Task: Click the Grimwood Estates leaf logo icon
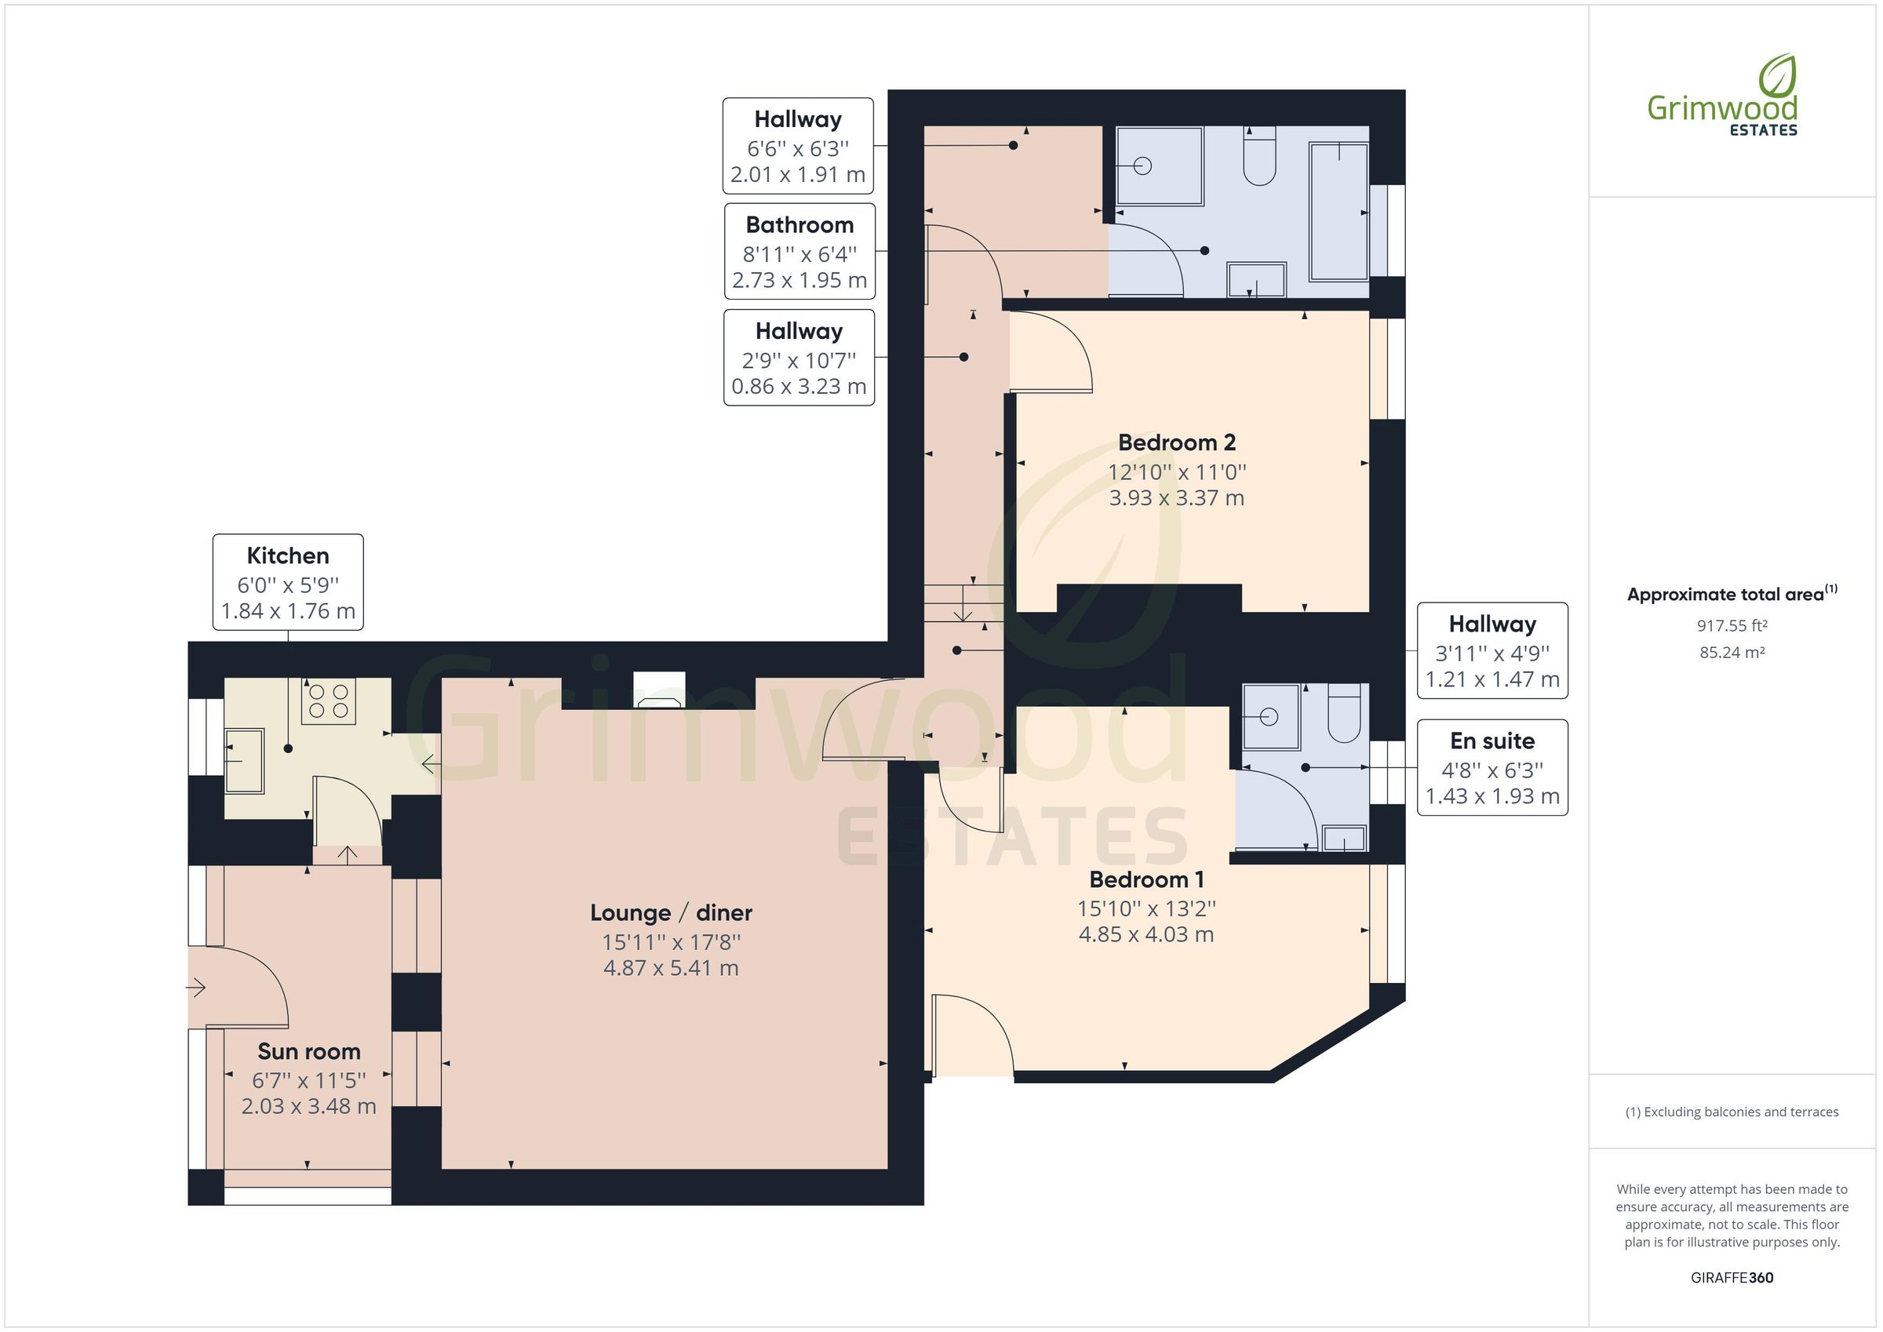coord(1778,76)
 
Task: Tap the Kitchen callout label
coord(288,581)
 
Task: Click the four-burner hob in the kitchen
coord(328,701)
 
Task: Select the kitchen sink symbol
coord(243,760)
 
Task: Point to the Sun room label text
coord(308,1051)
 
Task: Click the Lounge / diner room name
coord(671,912)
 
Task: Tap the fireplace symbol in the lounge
coord(658,692)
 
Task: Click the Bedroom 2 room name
coord(1176,443)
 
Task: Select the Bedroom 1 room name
coord(1145,879)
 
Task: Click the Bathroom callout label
coord(799,251)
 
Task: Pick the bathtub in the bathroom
coord(1338,213)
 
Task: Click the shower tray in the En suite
coord(1270,717)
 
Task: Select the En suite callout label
coord(1491,767)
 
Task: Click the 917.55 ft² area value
coord(1732,626)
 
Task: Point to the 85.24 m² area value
coord(1732,653)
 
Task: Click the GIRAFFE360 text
coord(1732,1277)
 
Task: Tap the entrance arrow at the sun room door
coord(196,988)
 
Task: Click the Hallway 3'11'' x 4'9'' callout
coord(1491,650)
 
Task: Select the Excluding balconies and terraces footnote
coord(1732,1112)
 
